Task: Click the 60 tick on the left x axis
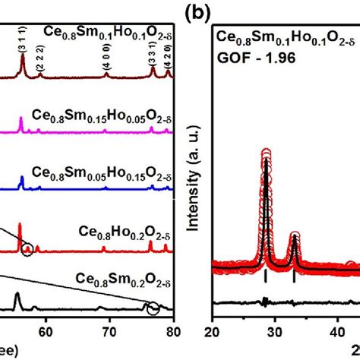[x=46, y=330]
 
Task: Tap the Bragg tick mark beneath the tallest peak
[x=266, y=278]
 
